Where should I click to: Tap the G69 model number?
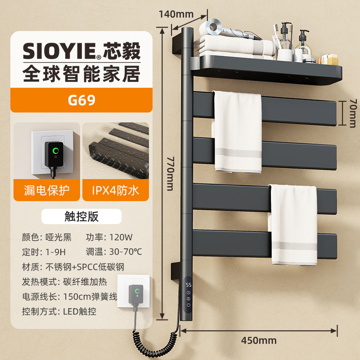(x=81, y=100)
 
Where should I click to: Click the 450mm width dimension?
(x=258, y=340)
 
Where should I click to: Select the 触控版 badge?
(x=81, y=216)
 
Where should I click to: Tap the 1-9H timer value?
(x=56, y=252)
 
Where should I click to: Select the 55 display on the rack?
(x=189, y=285)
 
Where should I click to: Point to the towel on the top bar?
(x=237, y=130)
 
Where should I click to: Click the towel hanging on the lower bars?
(x=293, y=225)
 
